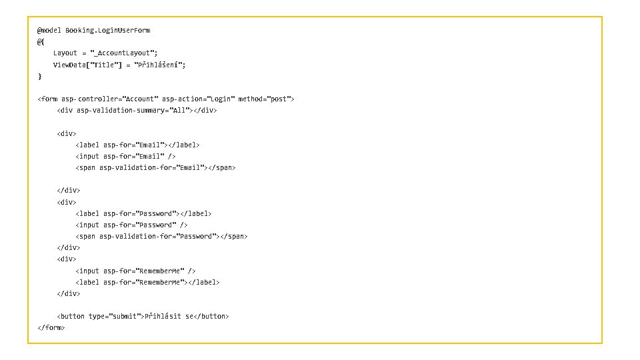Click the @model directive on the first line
pyautogui.click(x=49, y=31)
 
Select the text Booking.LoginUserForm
pyautogui.click(x=107, y=31)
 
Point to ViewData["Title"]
pyautogui.click(x=86, y=65)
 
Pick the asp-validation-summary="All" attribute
pyautogui.click(x=134, y=111)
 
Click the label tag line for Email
pyautogui.click(x=137, y=145)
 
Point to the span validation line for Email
pyautogui.click(x=155, y=168)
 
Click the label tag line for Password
pyautogui.click(x=143, y=214)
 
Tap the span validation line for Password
pyautogui.click(x=161, y=237)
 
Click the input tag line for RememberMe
pyautogui.click(x=135, y=271)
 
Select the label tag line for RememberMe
pyautogui.click(x=147, y=283)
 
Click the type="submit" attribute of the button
pyautogui.click(x=115, y=317)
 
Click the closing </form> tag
pyautogui.click(x=51, y=328)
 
